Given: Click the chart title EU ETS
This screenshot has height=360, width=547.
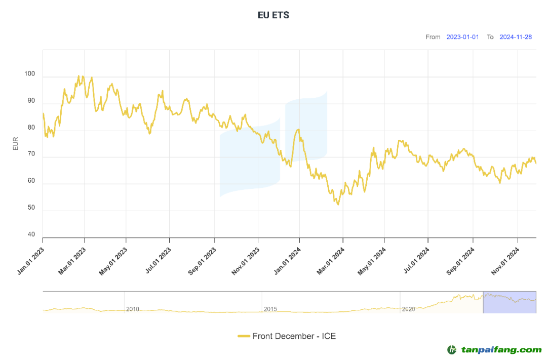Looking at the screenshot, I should (273, 15).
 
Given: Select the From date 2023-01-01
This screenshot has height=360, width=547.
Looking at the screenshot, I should (462, 37).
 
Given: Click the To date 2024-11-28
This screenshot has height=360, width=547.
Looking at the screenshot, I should (516, 37).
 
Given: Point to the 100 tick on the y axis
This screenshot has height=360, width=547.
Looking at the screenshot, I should (30, 74).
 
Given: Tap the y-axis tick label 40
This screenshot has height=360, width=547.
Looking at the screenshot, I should (31, 234).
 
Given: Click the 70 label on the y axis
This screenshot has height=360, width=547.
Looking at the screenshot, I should (31, 154).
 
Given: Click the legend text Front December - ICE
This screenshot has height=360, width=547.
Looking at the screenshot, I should (294, 336).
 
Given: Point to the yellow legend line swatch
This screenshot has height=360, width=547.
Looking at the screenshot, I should (244, 336).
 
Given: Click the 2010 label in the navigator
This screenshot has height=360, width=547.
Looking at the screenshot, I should (133, 309).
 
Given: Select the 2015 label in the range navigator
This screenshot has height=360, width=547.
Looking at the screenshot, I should (270, 309).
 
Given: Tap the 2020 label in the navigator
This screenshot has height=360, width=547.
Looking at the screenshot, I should (408, 309).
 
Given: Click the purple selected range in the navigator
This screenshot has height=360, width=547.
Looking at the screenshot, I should (510, 302).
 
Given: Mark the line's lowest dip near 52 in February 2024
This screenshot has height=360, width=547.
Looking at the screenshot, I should (338, 204).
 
